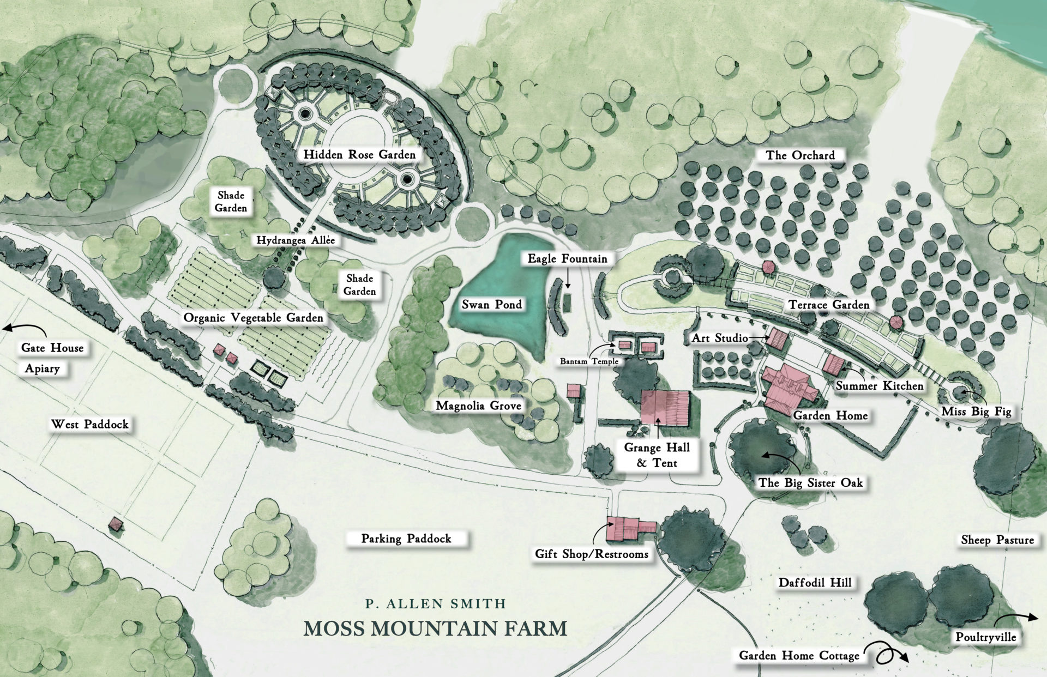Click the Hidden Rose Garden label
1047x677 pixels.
point(359,155)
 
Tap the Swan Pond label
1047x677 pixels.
point(492,305)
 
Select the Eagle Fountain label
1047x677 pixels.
point(567,259)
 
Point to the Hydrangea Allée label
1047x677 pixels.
point(296,240)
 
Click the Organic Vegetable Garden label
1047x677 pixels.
point(253,318)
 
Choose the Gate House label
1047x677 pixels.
point(52,348)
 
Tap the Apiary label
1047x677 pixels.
point(42,369)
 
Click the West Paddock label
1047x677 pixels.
point(90,425)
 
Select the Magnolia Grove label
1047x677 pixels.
point(478,406)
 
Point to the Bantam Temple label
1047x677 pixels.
point(589,361)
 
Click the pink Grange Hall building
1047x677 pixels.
point(665,407)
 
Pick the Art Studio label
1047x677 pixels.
point(720,338)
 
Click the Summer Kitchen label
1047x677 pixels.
point(880,386)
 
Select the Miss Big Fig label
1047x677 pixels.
point(976,412)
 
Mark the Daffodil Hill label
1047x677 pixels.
point(815,583)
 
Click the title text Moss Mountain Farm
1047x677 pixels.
point(435,628)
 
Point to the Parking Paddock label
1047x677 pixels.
point(406,539)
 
